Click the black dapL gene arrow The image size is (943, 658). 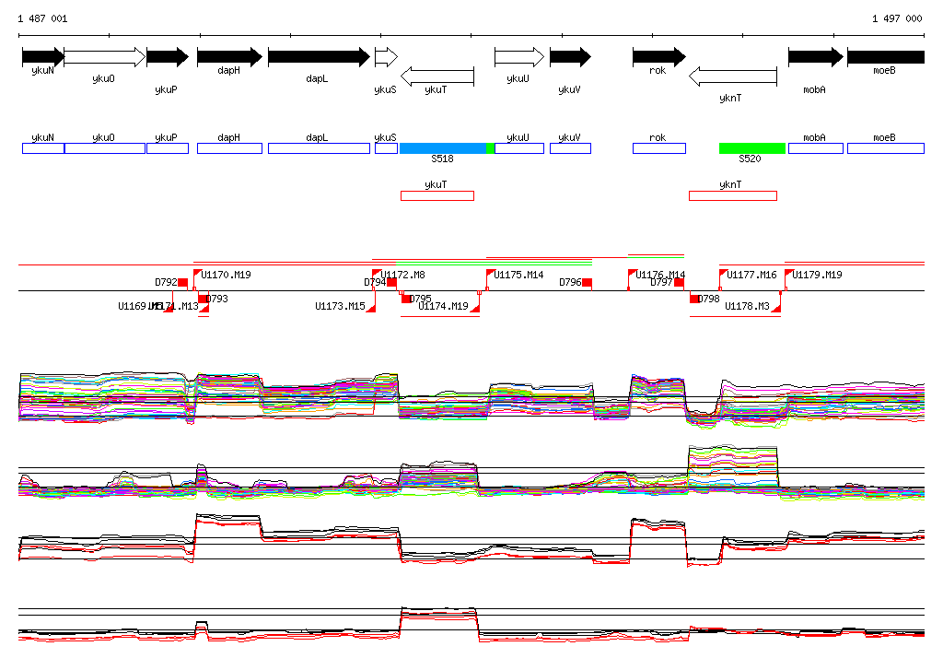(319, 57)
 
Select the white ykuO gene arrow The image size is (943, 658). (104, 57)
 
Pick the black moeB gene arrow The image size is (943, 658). (885, 57)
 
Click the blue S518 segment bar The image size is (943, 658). (442, 148)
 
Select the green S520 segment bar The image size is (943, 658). (751, 148)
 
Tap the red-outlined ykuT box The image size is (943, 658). (437, 195)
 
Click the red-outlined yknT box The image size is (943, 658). (732, 195)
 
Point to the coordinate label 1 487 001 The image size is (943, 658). (42, 18)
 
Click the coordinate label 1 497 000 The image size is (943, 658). (897, 18)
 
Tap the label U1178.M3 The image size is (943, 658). (747, 306)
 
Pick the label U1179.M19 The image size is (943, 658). (817, 275)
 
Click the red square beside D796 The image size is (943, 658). (587, 282)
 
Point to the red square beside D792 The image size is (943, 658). (182, 282)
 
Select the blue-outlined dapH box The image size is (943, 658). (229, 148)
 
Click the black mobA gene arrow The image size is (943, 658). (815, 57)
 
